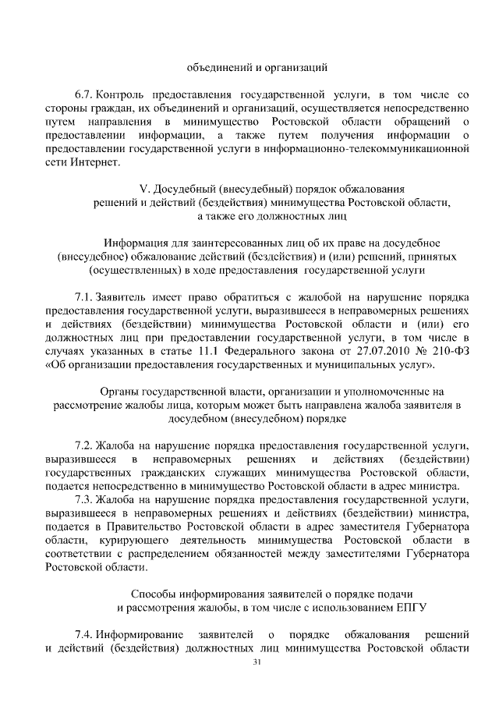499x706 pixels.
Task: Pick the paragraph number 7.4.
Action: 83,631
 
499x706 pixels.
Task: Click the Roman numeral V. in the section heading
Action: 143,188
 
